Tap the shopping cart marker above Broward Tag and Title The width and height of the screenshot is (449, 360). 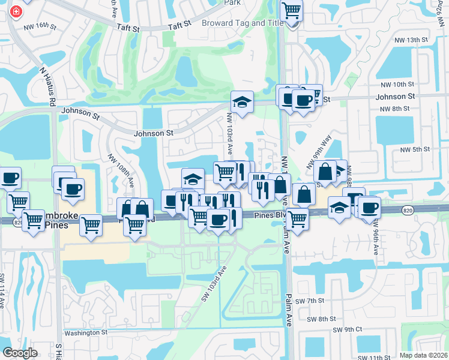coord(292,11)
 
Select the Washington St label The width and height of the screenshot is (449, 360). coord(85,332)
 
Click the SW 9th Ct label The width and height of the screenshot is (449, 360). coord(348,329)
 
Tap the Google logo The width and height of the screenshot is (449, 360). coord(20,353)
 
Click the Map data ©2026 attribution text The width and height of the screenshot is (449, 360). coord(423,355)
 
